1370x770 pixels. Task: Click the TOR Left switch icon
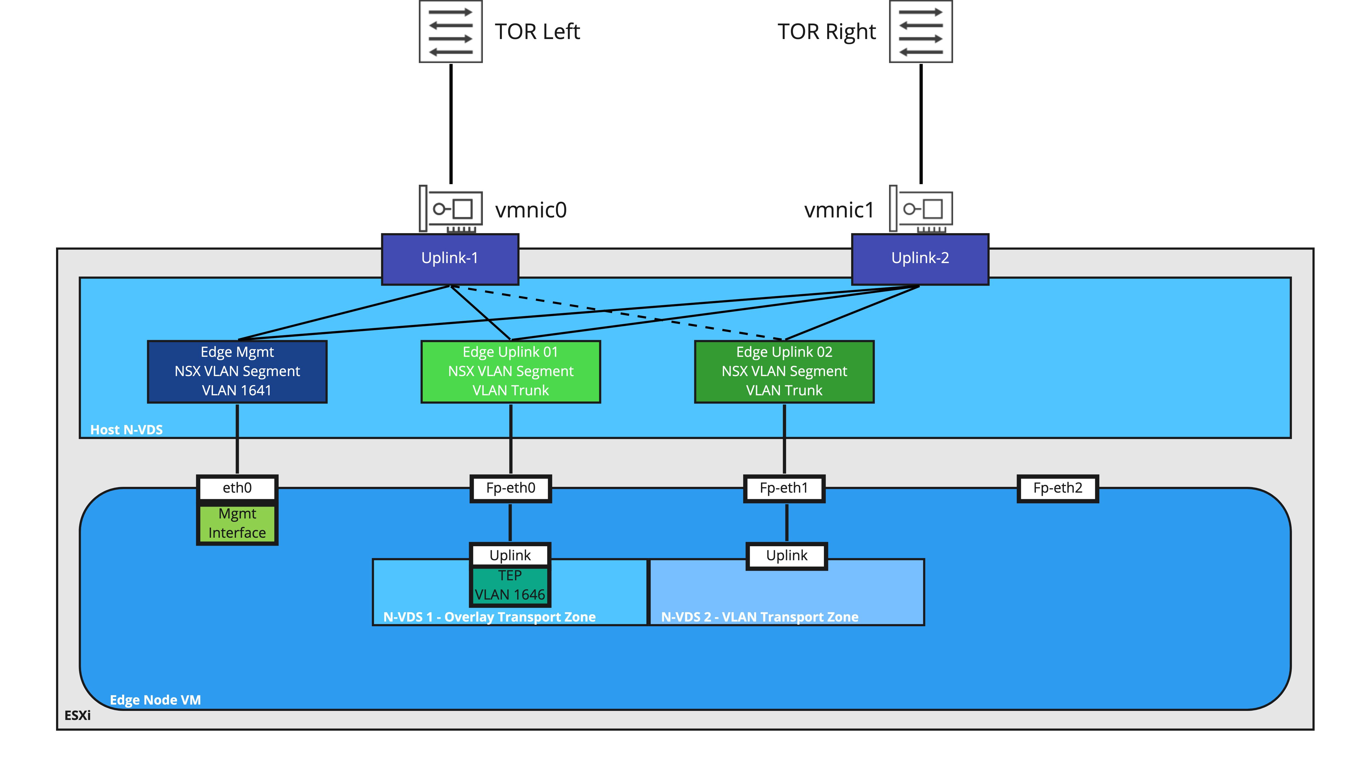click(450, 31)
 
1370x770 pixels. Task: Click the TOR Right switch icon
click(921, 31)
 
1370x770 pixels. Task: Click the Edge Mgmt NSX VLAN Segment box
click(237, 371)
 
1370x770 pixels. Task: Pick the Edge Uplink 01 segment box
click(511, 371)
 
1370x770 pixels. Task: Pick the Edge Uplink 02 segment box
click(784, 371)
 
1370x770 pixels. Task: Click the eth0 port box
click(237, 488)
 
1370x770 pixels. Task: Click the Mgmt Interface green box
click(237, 524)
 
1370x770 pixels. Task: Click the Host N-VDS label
click(127, 429)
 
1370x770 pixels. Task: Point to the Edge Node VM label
click(155, 700)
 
